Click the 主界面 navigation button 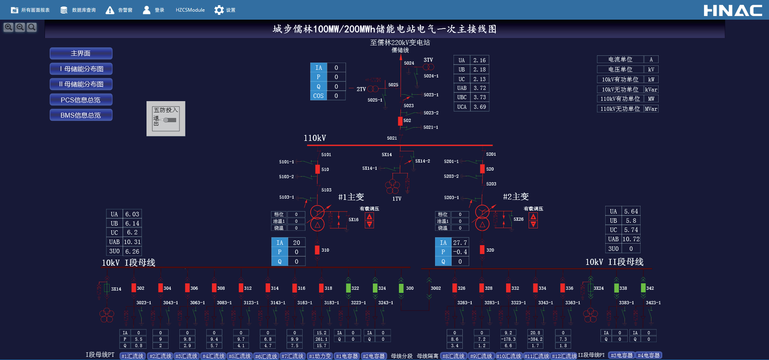(81, 53)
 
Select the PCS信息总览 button (81, 100)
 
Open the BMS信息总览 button (81, 115)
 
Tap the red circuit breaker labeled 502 (400, 121)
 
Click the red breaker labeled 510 (317, 169)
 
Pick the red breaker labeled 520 (482, 169)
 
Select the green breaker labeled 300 (401, 288)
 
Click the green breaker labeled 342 (643, 288)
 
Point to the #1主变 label (351, 197)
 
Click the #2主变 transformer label (516, 197)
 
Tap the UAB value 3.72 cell (480, 88)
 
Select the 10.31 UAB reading (132, 242)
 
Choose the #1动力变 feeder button (320, 356)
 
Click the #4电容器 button (649, 356)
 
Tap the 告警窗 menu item (119, 10)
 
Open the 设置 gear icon (219, 10)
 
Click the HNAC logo (733, 10)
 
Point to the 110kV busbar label (315, 138)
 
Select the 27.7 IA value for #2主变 (460, 243)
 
